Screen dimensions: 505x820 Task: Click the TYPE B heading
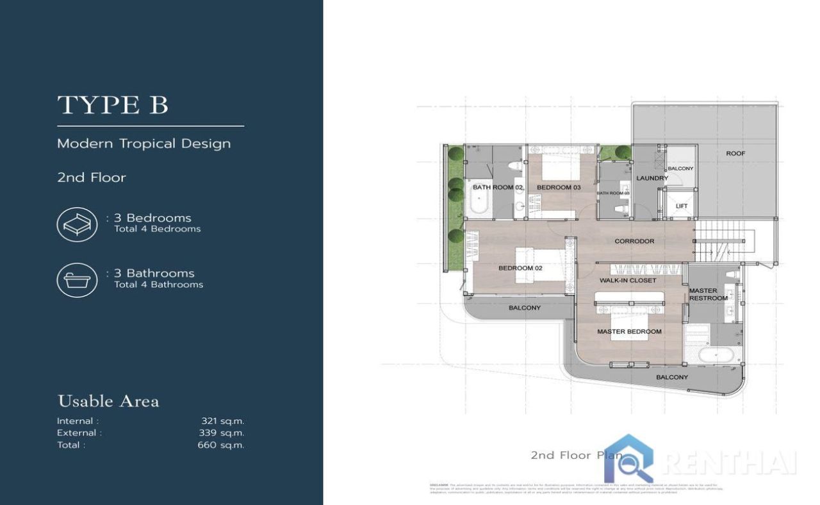(x=113, y=105)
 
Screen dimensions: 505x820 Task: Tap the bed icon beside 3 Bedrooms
(x=77, y=224)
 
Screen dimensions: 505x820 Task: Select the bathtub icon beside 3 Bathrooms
(x=77, y=280)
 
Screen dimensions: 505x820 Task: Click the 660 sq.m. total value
(x=220, y=445)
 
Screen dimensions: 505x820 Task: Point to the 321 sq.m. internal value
(x=222, y=421)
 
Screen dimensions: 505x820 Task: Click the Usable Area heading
(x=108, y=402)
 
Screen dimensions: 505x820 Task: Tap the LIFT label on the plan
(x=682, y=206)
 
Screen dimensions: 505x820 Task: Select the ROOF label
(x=735, y=154)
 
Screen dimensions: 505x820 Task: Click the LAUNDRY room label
(x=652, y=178)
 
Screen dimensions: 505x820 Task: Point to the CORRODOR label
(x=634, y=241)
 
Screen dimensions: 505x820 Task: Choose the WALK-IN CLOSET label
(x=628, y=281)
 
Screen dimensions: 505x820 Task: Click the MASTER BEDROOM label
(x=629, y=331)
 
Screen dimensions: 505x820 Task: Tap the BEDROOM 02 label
(x=520, y=268)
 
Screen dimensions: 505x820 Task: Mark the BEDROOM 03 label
(x=559, y=187)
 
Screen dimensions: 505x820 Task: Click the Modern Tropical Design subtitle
(x=143, y=144)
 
